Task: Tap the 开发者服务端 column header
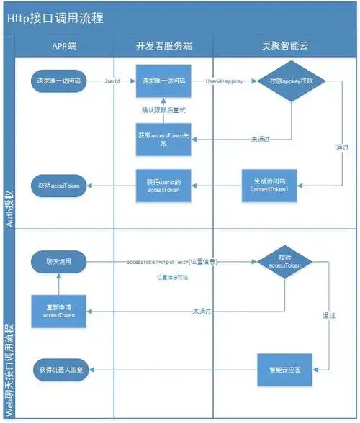(x=163, y=46)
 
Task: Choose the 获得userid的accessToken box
(x=163, y=186)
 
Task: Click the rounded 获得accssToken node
(x=60, y=186)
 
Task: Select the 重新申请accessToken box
(x=60, y=311)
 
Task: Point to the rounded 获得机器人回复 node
(x=60, y=369)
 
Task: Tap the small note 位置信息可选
(x=173, y=277)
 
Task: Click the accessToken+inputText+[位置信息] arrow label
(x=172, y=261)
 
